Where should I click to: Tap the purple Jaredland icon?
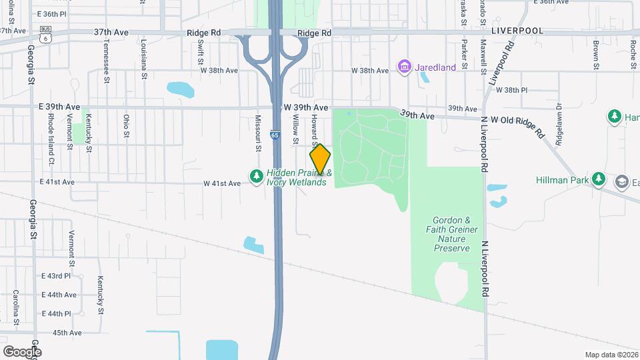point(403,67)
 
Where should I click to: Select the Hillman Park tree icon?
point(599,179)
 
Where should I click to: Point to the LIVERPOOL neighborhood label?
point(517,31)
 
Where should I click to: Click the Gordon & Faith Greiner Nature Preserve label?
point(455,234)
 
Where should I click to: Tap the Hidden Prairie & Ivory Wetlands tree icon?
point(256,176)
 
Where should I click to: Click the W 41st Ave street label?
point(222,183)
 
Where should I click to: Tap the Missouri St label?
point(257,132)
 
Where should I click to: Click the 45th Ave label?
point(67,333)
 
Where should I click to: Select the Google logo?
point(21,351)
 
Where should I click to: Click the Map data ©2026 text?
point(611,355)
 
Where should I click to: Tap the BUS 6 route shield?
point(45,34)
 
